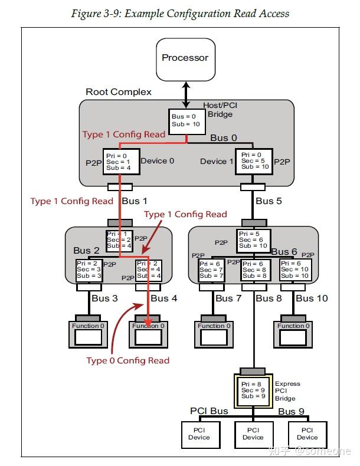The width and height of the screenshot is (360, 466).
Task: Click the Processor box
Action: [185, 58]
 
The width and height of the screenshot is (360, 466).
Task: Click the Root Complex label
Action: [119, 92]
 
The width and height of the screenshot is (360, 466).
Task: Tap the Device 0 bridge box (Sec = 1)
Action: [120, 161]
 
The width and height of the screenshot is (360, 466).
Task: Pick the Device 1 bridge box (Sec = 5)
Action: [253, 161]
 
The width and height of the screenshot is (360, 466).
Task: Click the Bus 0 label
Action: [224, 138]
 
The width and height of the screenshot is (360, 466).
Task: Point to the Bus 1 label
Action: [135, 201]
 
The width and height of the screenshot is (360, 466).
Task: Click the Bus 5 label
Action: [269, 201]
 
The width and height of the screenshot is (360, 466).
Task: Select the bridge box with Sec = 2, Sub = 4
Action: [119, 240]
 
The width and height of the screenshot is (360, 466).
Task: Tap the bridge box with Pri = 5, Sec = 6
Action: [254, 240]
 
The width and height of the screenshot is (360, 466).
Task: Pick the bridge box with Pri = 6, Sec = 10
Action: [293, 270]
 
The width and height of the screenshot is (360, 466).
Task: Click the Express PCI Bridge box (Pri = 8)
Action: [254, 390]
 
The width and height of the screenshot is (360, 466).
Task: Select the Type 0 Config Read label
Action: [127, 360]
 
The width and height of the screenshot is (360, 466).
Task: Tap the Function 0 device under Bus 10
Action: [292, 333]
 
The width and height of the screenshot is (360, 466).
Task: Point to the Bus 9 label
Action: [291, 411]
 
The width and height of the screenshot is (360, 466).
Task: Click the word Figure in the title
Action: [86, 14]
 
